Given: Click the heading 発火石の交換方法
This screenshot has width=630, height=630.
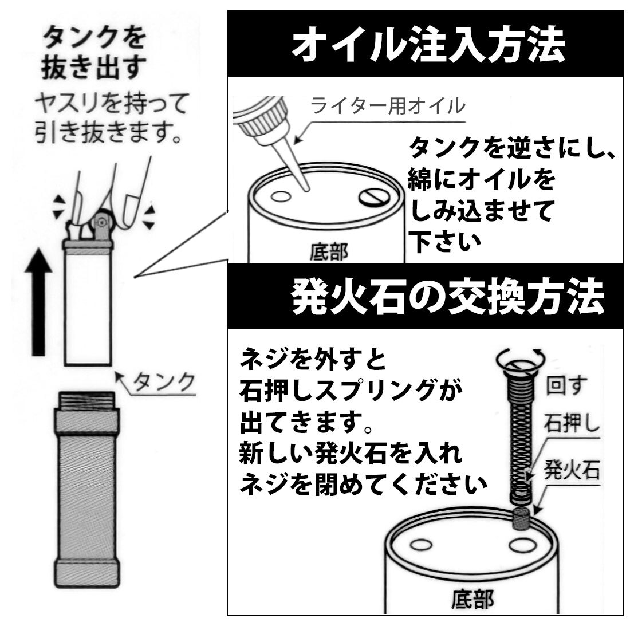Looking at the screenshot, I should pyautogui.click(x=447, y=297).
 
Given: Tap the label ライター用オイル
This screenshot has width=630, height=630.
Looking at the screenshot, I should pyautogui.click(x=388, y=106).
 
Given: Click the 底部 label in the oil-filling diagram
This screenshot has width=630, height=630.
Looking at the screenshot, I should pyautogui.click(x=329, y=252).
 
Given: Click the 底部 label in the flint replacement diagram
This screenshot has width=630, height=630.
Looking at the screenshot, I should pyautogui.click(x=472, y=600).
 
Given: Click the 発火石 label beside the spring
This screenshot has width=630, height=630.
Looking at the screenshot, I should pyautogui.click(x=571, y=471).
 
